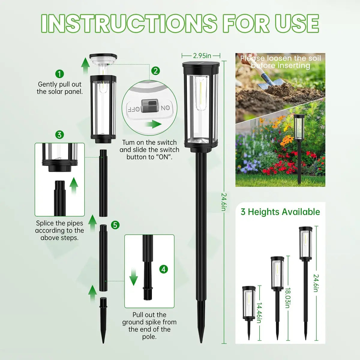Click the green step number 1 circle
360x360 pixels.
(60, 74)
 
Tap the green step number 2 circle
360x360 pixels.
(155, 71)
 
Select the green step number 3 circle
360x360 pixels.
(60, 134)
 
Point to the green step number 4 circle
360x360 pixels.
(163, 269)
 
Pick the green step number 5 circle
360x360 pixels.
(115, 225)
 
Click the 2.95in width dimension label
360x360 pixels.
(202, 55)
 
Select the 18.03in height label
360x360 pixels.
(287, 298)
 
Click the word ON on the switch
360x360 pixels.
(165, 108)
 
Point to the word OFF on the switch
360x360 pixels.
(134, 109)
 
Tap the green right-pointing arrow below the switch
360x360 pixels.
(155, 124)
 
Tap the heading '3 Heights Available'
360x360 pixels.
(280, 212)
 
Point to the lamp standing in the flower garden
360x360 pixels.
(299, 144)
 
